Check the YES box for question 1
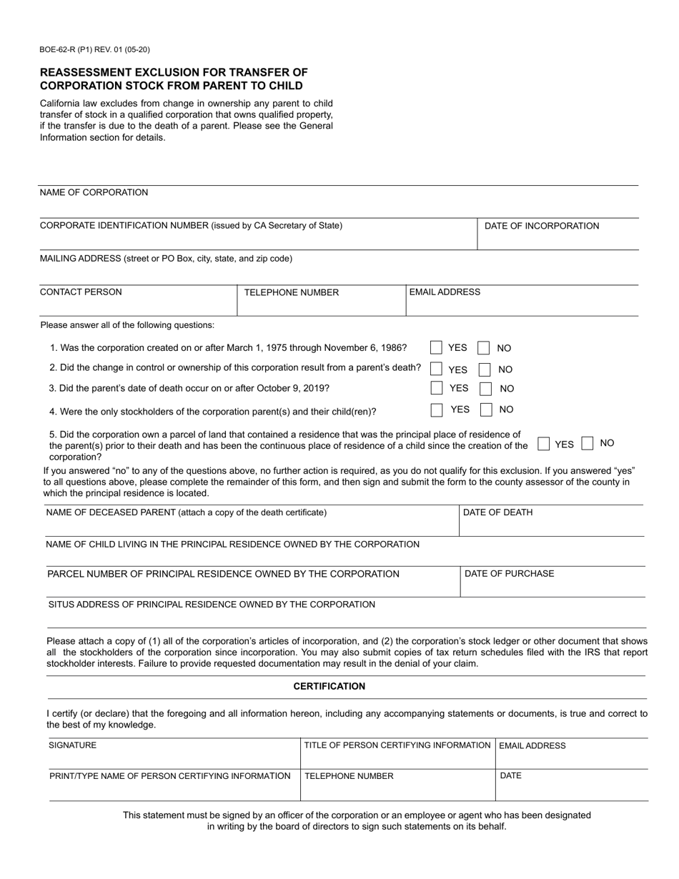coord(436,348)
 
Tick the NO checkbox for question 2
coord(485,369)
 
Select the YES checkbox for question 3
coord(436,388)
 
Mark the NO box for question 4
coord(486,409)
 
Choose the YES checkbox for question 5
coord(543,444)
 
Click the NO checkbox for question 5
coord(588,443)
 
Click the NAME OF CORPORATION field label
coord(94,193)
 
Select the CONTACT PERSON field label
coord(81,292)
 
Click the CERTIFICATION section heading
coord(329,687)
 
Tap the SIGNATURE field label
coord(72,745)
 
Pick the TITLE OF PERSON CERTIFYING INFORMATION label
coord(397,745)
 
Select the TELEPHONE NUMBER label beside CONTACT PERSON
coord(291,292)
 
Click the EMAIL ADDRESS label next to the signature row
coord(532,746)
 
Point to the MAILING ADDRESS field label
coord(166,259)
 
